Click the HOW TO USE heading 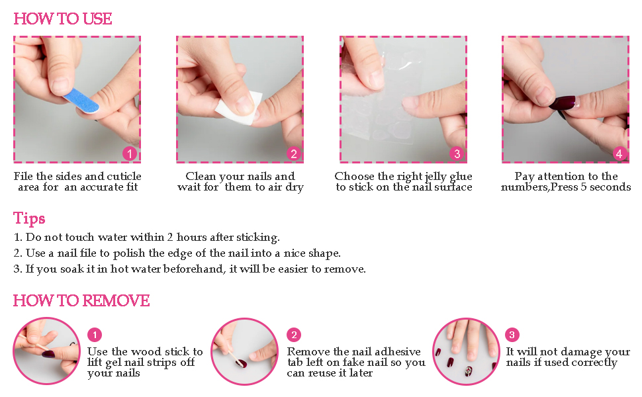[x=63, y=19]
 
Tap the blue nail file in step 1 [x=81, y=101]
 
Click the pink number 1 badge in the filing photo [x=130, y=154]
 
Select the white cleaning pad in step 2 [x=239, y=108]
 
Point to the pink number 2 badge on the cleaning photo [x=294, y=154]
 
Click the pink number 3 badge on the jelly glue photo [x=457, y=154]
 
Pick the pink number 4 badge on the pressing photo [x=619, y=154]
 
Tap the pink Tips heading [x=29, y=218]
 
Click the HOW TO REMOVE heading [x=81, y=301]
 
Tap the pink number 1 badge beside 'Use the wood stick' [x=95, y=335]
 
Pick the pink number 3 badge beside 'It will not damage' [x=512, y=335]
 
